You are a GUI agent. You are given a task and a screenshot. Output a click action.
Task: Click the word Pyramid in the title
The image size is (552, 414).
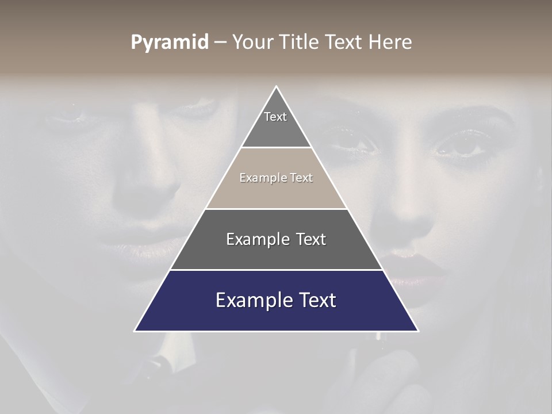click(x=170, y=43)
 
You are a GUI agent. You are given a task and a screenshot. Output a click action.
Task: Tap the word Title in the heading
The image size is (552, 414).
click(x=300, y=42)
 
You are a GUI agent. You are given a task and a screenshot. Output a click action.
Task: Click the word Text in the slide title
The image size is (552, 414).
click(x=344, y=42)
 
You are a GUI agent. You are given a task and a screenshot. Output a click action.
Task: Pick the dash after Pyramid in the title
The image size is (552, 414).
click(x=220, y=43)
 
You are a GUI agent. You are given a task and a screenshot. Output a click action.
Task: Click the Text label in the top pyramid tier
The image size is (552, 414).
click(x=275, y=117)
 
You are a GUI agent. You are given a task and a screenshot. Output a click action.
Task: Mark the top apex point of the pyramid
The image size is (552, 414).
click(x=277, y=86)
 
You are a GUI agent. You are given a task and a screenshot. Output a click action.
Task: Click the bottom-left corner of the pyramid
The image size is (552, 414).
click(x=135, y=331)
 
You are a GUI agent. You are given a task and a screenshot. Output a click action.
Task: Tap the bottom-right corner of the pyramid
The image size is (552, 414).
click(x=418, y=331)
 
